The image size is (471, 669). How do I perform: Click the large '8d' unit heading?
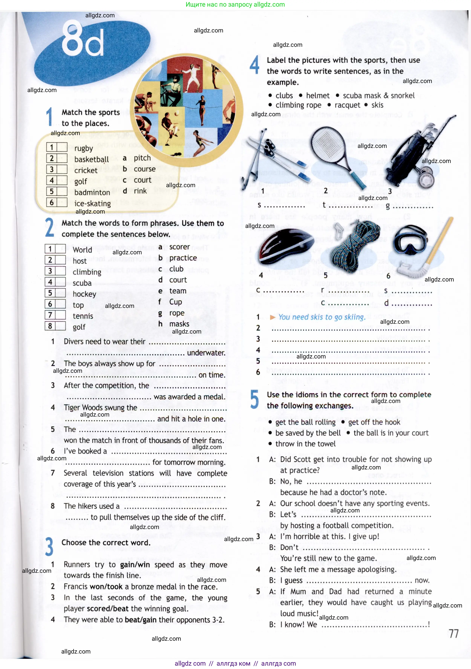click(83, 39)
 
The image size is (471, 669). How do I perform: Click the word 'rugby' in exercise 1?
click(83, 149)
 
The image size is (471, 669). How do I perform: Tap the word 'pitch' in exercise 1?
click(142, 158)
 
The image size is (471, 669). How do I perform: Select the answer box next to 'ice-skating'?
click(62, 202)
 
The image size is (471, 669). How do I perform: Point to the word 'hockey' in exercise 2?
click(84, 294)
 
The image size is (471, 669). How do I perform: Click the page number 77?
click(453, 634)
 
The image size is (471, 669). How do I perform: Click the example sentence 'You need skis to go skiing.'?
click(322, 317)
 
